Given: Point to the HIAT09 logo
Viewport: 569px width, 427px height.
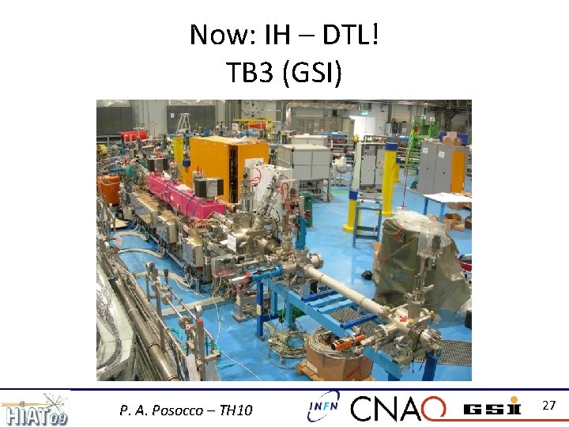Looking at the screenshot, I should [35, 409].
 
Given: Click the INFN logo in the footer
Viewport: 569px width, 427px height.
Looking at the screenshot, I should [323, 406].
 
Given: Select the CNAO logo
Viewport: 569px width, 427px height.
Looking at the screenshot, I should [398, 408].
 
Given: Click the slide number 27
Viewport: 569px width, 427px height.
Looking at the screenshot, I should [550, 406].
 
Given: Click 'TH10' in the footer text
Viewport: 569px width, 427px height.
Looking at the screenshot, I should [234, 410].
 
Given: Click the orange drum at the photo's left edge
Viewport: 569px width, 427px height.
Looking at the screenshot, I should [107, 190].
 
